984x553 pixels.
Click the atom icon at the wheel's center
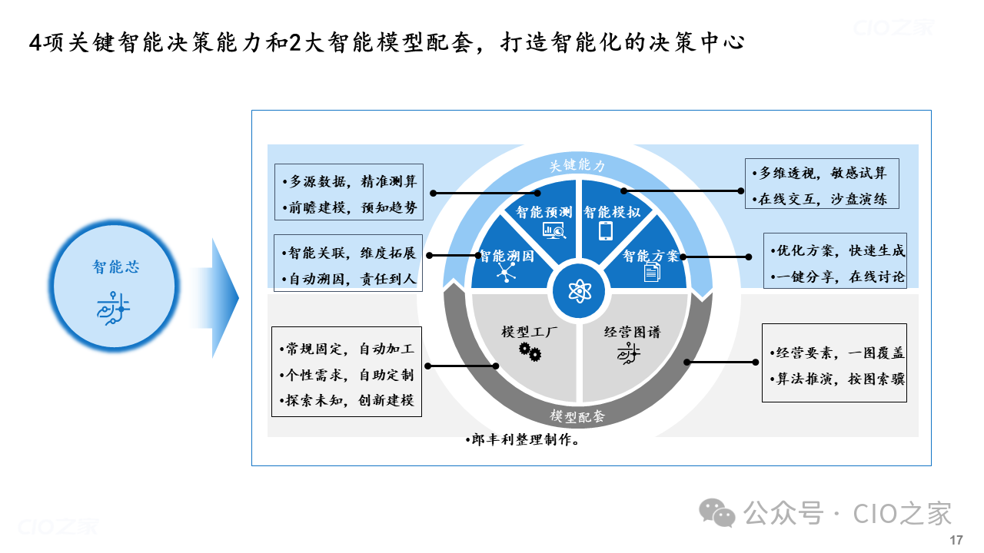580,291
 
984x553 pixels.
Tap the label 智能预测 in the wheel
544,213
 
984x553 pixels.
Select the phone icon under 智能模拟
606,230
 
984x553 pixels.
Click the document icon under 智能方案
653,272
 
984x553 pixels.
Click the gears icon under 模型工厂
530,352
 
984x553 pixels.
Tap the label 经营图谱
632,332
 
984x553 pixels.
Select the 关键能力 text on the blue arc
577,165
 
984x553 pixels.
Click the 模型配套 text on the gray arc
577,416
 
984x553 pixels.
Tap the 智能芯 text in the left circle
115,267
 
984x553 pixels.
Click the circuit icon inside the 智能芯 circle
113,308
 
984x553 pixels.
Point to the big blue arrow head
225,298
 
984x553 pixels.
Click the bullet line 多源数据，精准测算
350,181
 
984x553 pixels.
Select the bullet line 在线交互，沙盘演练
819,199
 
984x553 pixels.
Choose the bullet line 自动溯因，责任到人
348,279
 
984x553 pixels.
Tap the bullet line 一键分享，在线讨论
838,276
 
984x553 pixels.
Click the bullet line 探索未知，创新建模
347,400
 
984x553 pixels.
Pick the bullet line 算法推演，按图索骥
837,379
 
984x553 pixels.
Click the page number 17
956,540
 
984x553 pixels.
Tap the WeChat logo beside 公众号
717,512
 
